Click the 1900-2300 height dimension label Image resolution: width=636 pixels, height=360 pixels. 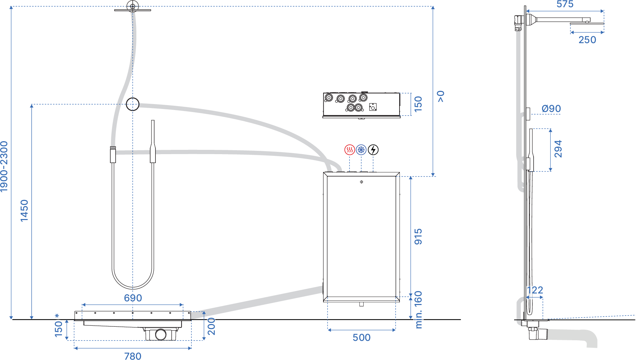[x=4, y=166]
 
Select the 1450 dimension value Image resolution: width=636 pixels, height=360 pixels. [x=24, y=210]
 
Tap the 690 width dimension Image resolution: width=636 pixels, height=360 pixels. [x=133, y=298]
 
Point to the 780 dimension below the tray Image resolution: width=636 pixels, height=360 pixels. [x=133, y=356]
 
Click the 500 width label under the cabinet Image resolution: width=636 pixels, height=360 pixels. [x=361, y=338]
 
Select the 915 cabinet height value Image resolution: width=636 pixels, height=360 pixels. [x=418, y=236]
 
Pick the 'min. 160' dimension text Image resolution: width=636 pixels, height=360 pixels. [x=418, y=310]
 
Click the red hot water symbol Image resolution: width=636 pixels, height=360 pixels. [x=349, y=150]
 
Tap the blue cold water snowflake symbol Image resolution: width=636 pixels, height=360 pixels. [x=361, y=150]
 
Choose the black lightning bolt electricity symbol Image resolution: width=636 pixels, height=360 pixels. [x=373, y=150]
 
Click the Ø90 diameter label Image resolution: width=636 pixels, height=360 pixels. [x=551, y=109]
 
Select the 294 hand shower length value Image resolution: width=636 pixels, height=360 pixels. [x=558, y=149]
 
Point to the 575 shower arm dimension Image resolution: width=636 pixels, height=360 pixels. [x=565, y=4]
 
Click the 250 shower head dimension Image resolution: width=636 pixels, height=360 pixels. [x=587, y=40]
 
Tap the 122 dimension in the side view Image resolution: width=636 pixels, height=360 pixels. [x=535, y=290]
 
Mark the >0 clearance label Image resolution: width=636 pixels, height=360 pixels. [x=441, y=97]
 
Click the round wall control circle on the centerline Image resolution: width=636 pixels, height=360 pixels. [x=133, y=104]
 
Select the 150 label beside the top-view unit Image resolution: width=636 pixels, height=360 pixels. [x=418, y=104]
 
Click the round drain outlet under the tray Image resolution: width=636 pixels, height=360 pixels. [x=161, y=334]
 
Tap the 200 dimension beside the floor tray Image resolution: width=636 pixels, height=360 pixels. [x=211, y=326]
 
